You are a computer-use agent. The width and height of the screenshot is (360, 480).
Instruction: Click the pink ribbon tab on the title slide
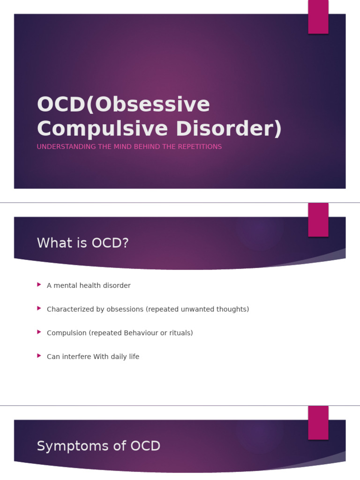(318, 17)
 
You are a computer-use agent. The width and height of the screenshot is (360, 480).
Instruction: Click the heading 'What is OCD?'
(82, 243)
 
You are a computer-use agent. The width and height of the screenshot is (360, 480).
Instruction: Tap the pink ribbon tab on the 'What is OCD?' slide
(318, 220)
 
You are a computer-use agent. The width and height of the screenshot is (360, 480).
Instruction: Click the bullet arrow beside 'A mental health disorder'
(39, 285)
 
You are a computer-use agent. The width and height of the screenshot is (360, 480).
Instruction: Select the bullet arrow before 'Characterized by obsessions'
(39, 308)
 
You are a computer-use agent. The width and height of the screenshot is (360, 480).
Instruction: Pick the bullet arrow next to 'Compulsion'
(39, 332)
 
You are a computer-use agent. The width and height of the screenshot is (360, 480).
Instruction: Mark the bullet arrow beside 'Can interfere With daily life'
(39, 356)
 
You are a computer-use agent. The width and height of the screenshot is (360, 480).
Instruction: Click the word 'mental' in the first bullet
(65, 285)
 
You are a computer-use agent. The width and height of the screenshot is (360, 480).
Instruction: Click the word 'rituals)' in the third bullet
(180, 333)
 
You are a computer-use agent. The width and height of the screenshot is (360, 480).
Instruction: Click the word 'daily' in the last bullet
(119, 357)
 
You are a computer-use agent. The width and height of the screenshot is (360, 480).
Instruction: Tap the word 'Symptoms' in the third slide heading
(67, 446)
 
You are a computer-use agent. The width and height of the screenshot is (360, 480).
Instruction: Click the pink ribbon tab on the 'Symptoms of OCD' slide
(318, 423)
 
